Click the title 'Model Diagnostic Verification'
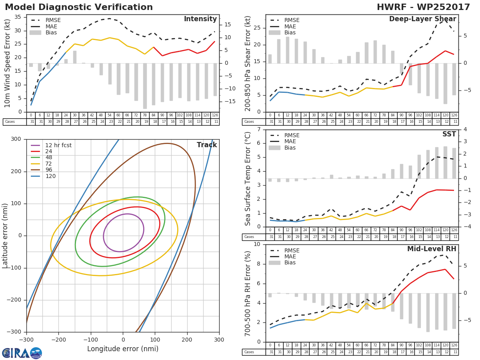click(79, 7)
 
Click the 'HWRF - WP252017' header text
click(423, 7)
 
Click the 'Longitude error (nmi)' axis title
click(123, 349)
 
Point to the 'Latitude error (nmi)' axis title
click(5, 236)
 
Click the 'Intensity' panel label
click(200, 19)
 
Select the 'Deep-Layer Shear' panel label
click(422, 19)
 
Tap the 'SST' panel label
click(449, 134)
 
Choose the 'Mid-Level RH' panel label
click(431, 249)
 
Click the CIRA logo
click(22, 353)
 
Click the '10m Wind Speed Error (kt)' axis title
click(8, 63)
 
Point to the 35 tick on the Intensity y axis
click(18, 17)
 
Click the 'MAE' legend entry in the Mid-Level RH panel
click(290, 257)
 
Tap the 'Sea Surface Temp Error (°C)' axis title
click(248, 178)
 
